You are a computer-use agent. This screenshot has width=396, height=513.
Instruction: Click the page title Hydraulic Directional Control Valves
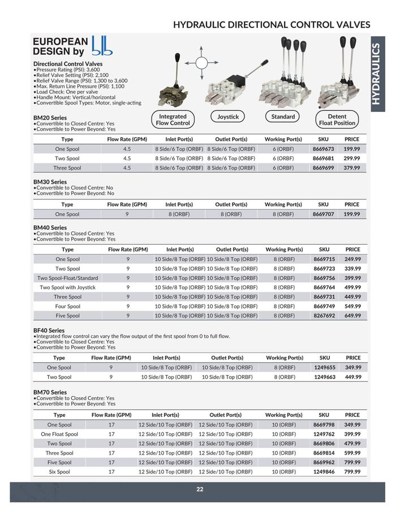272,25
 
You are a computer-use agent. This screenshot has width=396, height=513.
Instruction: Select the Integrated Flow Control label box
173,120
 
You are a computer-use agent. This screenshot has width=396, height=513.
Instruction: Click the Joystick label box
228,117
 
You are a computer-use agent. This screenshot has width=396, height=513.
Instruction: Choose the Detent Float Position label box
337,120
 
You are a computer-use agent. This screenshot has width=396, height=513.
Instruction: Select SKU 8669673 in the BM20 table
324,149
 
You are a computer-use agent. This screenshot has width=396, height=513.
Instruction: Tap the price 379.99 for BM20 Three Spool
352,168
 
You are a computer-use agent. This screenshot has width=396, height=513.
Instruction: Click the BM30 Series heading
50,182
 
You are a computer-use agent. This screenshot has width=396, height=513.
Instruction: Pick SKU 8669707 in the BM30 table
324,214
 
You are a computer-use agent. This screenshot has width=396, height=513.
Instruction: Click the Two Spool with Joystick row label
67,287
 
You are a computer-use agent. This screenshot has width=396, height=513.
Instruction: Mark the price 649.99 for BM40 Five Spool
352,315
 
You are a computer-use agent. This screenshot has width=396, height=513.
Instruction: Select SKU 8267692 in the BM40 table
324,315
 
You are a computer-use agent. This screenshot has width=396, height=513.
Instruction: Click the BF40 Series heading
49,331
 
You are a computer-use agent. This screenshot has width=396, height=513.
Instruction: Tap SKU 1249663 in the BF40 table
325,377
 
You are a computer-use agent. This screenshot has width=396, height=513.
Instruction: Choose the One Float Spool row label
59,434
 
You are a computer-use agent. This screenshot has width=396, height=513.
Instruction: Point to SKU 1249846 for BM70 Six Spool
324,471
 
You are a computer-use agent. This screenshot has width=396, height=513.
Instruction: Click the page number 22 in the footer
200,489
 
